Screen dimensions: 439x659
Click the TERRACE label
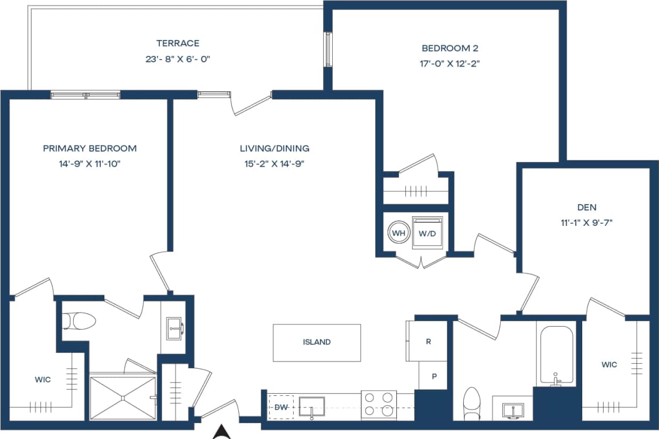pos(178,43)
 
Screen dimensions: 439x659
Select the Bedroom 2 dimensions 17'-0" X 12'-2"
pos(453,63)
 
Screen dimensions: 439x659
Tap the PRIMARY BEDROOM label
pos(90,149)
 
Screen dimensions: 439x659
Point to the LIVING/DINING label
pos(274,149)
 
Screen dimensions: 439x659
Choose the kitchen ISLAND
pos(317,343)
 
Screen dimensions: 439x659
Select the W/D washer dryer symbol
pos(428,233)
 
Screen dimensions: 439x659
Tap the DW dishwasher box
pos(281,407)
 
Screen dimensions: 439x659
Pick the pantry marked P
pos(434,376)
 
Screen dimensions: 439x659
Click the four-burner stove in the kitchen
pos(379,404)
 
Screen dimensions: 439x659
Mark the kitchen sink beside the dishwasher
pos(311,407)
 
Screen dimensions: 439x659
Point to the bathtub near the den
pos(557,354)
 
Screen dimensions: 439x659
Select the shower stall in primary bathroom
pos(123,397)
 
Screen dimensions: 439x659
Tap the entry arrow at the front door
pos(222,432)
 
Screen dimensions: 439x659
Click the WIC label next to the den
pos(609,364)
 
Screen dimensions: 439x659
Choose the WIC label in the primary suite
pos(43,379)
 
